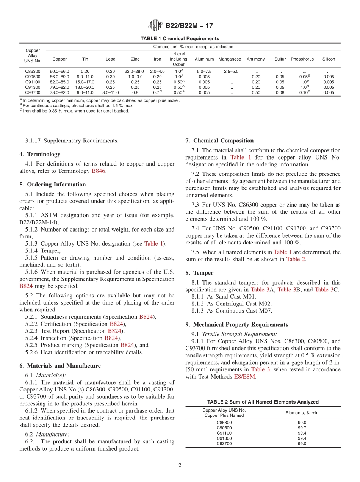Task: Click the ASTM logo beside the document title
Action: (x=155, y=26)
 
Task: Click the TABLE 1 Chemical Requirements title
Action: (x=180, y=39)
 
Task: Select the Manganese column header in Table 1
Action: (x=230, y=59)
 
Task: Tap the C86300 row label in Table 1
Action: (x=33, y=71)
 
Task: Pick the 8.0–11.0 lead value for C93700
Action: (x=111, y=92)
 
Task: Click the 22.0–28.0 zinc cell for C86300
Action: (x=135, y=71)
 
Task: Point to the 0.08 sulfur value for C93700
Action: (x=280, y=92)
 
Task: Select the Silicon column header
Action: (x=329, y=59)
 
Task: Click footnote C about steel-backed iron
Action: (x=76, y=111)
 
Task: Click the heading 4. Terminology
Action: (x=40, y=154)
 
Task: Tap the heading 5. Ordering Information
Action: (x=53, y=185)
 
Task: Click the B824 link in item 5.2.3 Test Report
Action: (x=115, y=331)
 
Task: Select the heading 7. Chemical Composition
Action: (x=219, y=141)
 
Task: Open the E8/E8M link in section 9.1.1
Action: (x=245, y=377)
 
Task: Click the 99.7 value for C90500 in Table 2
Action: (x=302, y=428)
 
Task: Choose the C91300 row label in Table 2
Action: (x=224, y=438)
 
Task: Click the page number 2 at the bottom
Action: (x=180, y=465)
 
